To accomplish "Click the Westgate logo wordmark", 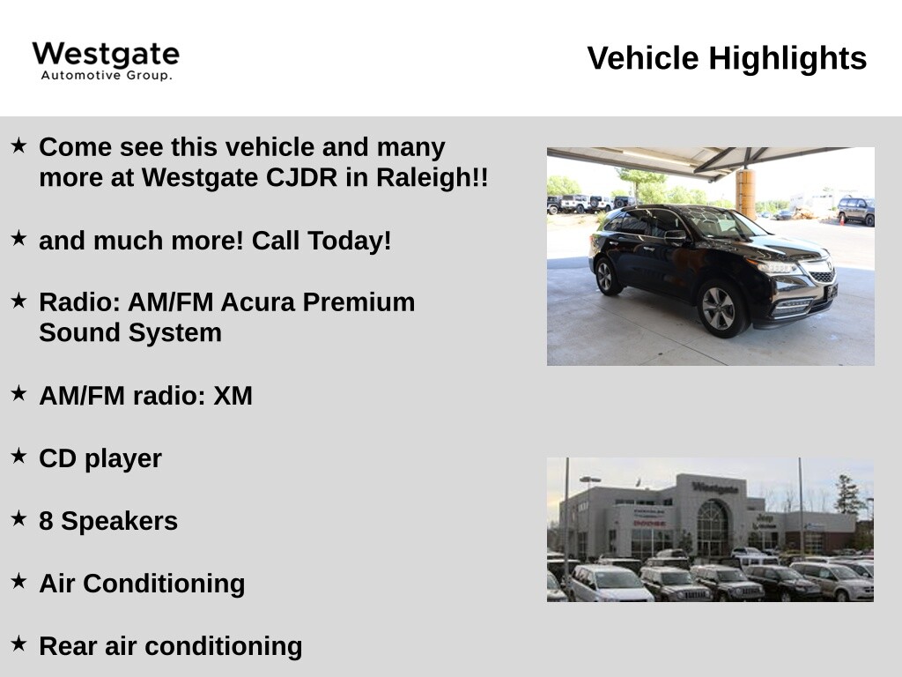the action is [106, 54].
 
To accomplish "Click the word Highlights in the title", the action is [787, 58].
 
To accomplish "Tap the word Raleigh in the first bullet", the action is [432, 178].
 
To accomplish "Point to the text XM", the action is [233, 396].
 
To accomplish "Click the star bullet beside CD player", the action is [19, 456].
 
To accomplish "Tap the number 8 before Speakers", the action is [46, 521].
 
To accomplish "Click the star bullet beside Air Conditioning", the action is [19, 581].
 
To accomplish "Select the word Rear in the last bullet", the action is [68, 646].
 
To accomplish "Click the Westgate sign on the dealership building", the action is [715, 488].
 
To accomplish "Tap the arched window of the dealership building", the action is [713, 527].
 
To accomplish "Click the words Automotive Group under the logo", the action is [107, 76].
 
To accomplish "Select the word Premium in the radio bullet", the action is [359, 302].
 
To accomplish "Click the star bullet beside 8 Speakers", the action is [19, 518].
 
